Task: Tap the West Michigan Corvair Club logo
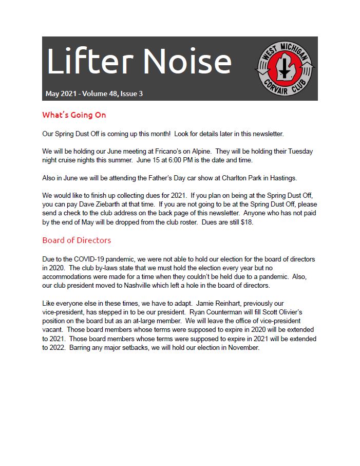[x=285, y=69]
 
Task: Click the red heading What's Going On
[x=74, y=115]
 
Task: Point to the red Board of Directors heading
[x=77, y=240]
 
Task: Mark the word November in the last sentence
[x=241, y=348]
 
